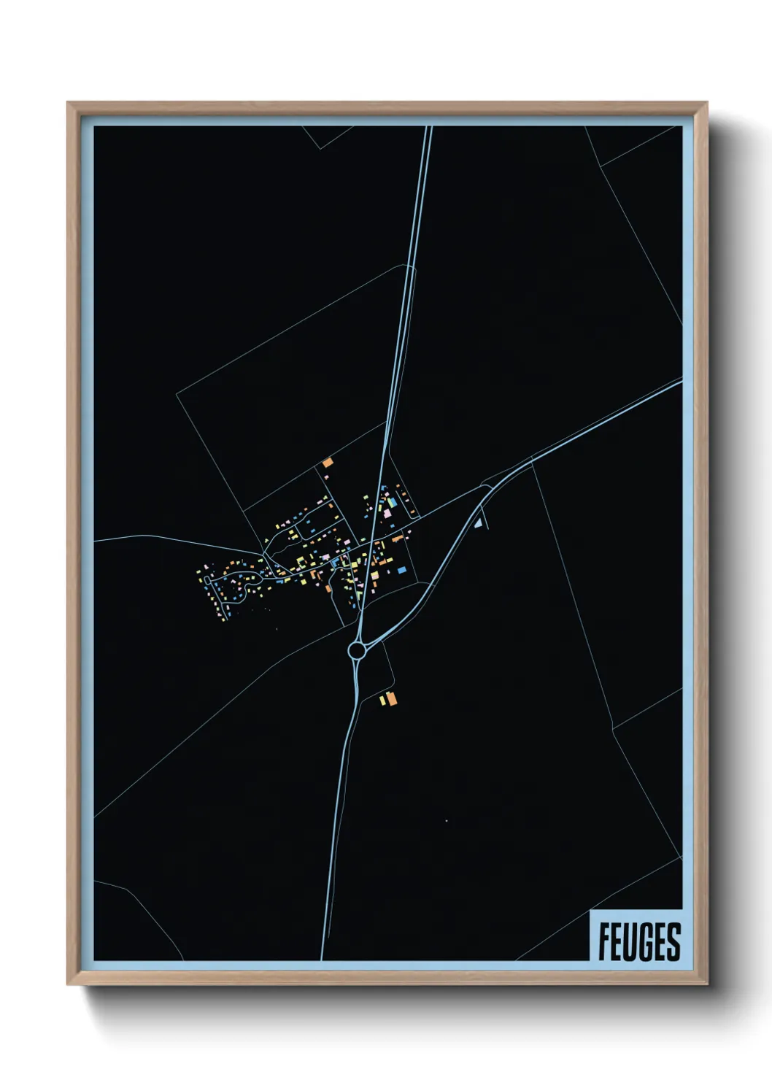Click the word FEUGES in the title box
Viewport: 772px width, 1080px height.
pyautogui.click(x=639, y=941)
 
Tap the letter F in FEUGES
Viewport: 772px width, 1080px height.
pyautogui.click(x=605, y=941)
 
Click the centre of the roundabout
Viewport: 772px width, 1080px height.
pyautogui.click(x=357, y=649)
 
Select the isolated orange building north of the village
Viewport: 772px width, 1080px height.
pyautogui.click(x=328, y=462)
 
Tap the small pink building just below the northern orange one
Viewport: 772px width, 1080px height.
pyautogui.click(x=325, y=476)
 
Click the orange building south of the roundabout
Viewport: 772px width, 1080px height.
pyautogui.click(x=391, y=699)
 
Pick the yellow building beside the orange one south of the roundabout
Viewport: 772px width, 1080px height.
pyautogui.click(x=382, y=701)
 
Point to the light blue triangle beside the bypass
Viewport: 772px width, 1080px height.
pyautogui.click(x=479, y=522)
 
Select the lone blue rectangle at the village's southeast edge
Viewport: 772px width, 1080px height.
pyautogui.click(x=401, y=569)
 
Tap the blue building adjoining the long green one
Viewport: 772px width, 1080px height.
pyautogui.click(x=392, y=503)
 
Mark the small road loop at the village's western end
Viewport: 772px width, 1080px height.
pyautogui.click(x=211, y=580)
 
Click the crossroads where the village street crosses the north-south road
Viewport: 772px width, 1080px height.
pyautogui.click(x=372, y=542)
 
